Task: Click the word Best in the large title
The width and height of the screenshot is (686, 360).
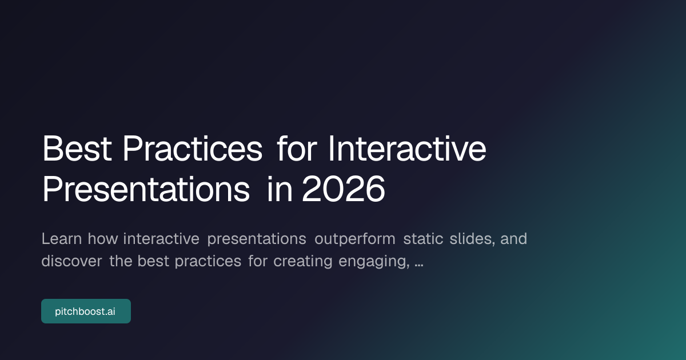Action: pos(77,149)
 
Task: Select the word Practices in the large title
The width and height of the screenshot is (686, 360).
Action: pos(193,149)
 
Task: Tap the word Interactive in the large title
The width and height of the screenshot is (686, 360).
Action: pos(407,149)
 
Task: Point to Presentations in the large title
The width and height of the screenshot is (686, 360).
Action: pos(146,189)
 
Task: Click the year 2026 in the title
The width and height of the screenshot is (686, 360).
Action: pos(344,189)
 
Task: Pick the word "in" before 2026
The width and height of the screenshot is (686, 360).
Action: pos(280,189)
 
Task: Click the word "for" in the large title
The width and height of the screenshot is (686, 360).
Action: pos(295,149)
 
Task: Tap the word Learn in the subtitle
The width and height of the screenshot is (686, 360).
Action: pos(62,239)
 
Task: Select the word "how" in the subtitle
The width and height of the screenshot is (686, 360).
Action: pos(103,239)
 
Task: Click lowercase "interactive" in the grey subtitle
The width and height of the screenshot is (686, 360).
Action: pos(161,239)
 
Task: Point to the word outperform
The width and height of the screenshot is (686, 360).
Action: pos(354,239)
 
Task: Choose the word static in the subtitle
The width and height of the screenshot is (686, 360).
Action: pos(423,239)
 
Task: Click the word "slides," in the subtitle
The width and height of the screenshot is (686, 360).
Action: pos(472,239)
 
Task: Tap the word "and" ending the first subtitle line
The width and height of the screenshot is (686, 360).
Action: pos(513,239)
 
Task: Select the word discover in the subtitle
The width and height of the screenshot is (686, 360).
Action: pos(71,261)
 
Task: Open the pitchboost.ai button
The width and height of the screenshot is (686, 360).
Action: pos(86,311)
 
